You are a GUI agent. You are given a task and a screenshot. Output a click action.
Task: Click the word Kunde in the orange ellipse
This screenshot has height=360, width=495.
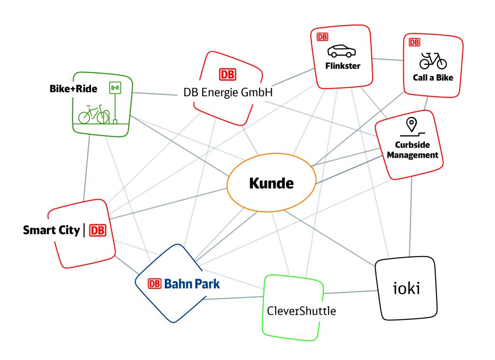click(271, 183)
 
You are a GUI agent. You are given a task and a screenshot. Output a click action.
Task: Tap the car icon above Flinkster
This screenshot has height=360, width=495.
click(341, 51)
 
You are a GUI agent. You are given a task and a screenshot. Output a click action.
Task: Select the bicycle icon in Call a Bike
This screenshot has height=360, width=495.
click(433, 61)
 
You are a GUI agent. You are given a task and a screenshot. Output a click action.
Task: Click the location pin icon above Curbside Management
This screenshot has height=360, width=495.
click(411, 124)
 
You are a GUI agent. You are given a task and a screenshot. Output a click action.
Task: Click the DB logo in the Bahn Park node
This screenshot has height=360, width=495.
click(154, 284)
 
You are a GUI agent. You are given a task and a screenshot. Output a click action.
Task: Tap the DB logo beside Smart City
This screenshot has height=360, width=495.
click(97, 231)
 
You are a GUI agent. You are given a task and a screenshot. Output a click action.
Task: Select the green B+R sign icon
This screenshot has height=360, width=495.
click(115, 88)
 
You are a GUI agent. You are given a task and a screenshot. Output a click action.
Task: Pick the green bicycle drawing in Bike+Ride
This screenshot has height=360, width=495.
click(93, 114)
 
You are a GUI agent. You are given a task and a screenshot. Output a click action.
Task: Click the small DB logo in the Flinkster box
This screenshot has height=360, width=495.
click(322, 36)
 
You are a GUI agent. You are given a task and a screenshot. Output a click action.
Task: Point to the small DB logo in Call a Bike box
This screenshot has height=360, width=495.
click(414, 42)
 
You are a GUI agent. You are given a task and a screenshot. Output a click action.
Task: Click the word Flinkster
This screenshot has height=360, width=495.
click(342, 66)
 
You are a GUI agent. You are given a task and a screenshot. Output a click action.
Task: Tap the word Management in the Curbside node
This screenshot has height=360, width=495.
click(412, 155)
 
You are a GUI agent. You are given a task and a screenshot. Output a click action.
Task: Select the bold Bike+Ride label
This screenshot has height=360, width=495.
click(73, 89)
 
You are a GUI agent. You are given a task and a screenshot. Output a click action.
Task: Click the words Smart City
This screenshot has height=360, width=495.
click(51, 230)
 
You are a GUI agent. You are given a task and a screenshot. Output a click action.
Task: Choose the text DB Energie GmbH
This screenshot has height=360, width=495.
click(228, 92)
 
